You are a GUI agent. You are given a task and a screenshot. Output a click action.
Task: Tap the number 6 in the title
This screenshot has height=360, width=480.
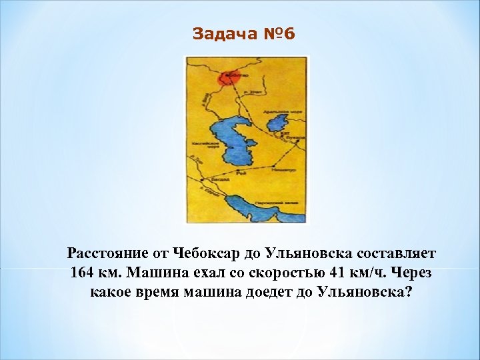pyautogui.click(x=288, y=34)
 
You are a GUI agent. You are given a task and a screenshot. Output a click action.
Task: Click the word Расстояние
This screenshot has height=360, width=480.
pyautogui.click(x=109, y=254)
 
